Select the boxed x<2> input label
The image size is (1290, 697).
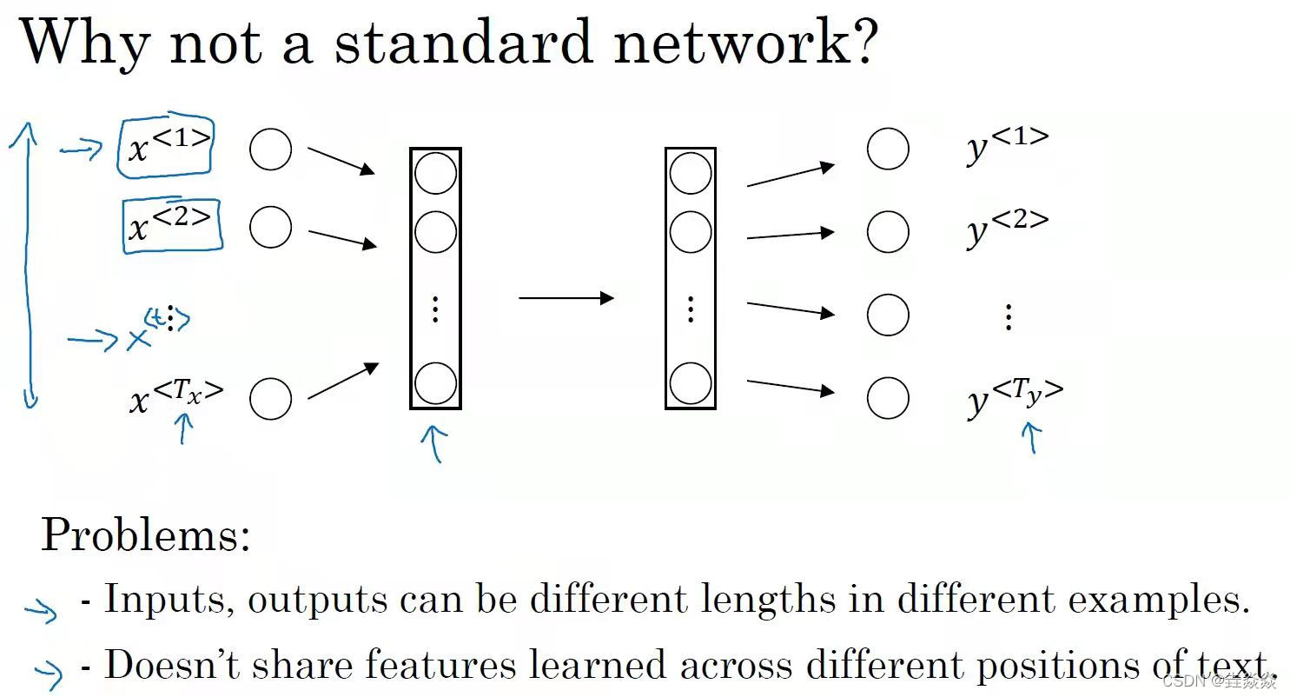pyautogui.click(x=172, y=224)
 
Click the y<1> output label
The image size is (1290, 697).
pyautogui.click(x=1007, y=145)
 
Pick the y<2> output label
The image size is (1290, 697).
pyautogui.click(x=1007, y=228)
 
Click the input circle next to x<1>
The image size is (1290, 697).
pyautogui.click(x=270, y=150)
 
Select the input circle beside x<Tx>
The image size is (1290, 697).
pyautogui.click(x=270, y=399)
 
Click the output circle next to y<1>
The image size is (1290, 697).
pyautogui.click(x=888, y=149)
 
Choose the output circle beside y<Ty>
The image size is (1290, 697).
pyautogui.click(x=888, y=399)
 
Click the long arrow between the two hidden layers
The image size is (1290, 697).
pyautogui.click(x=566, y=298)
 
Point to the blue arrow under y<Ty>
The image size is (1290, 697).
pyautogui.click(x=1032, y=437)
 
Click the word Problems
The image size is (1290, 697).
pyautogui.click(x=145, y=535)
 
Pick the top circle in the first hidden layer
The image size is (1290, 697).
pyautogui.click(x=435, y=173)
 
